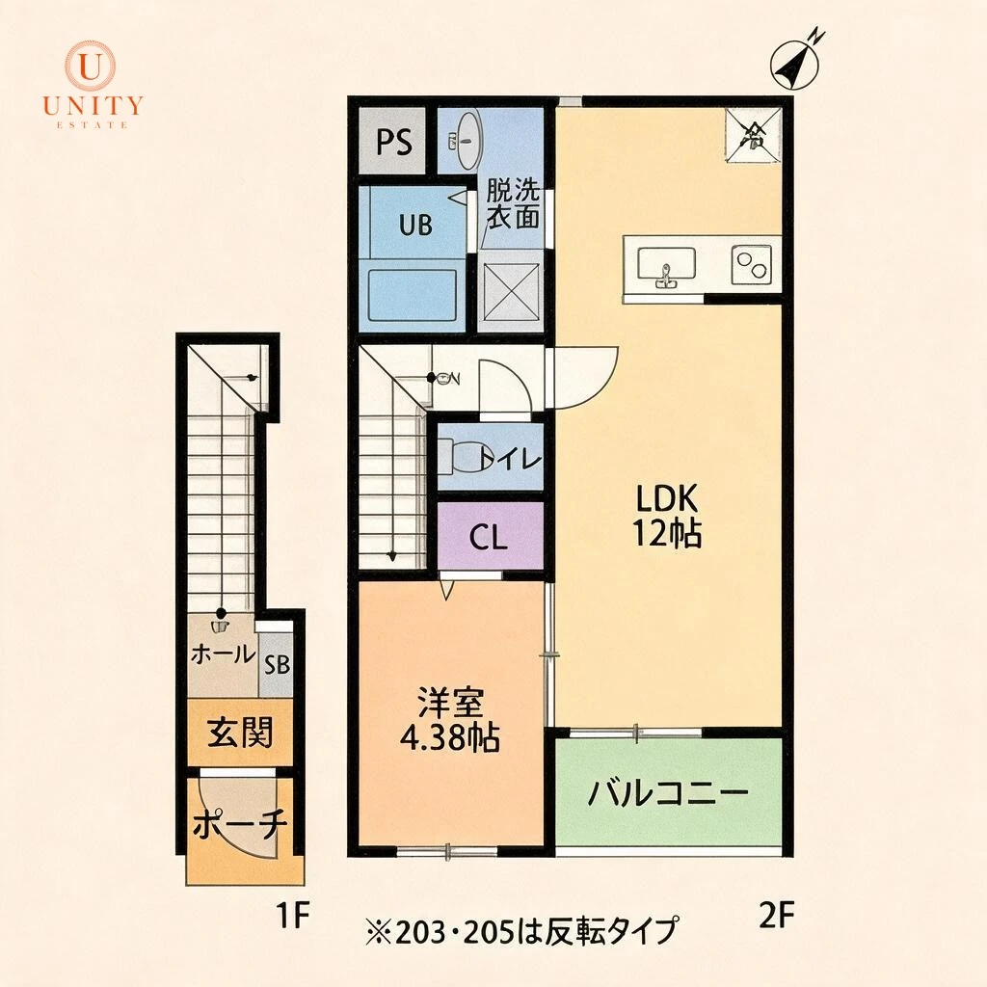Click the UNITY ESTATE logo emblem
coord(92,65)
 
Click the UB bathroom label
coord(415,224)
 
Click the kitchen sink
coord(666,266)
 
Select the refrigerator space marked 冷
coord(753,135)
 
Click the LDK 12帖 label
coord(667,517)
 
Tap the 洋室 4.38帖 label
coord(450,721)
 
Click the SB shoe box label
coord(277,665)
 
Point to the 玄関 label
coord(240,733)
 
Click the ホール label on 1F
coord(223,654)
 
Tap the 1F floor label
coord(293,915)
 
